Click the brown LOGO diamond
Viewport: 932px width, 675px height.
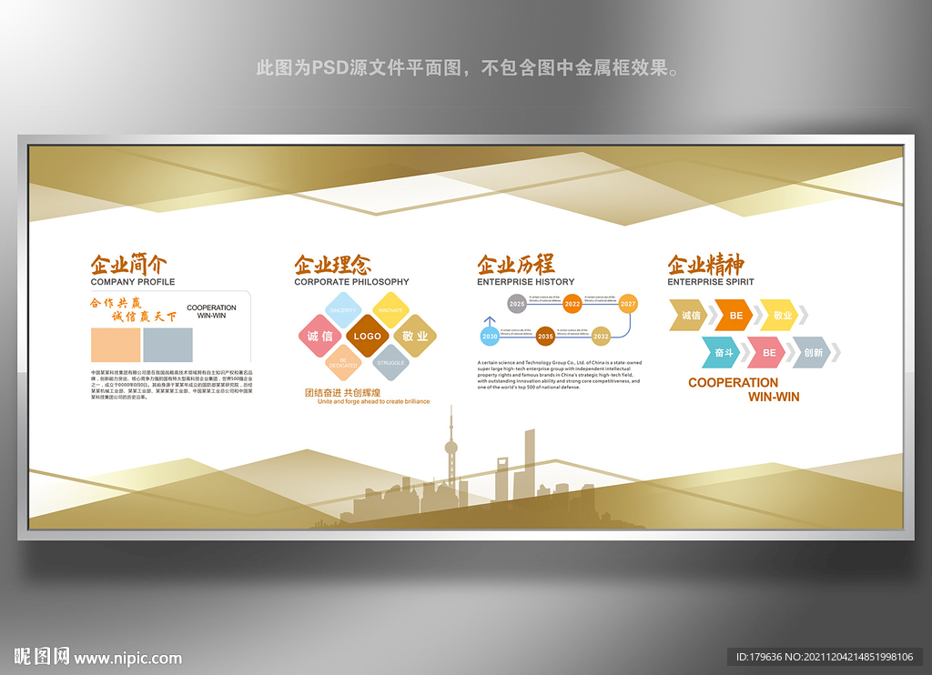click(x=368, y=337)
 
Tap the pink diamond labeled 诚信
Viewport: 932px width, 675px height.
click(x=320, y=337)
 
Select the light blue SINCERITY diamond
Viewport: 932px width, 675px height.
click(x=344, y=311)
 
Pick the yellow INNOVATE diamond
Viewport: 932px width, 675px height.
click(x=390, y=311)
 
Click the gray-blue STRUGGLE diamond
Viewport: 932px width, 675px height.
click(x=391, y=362)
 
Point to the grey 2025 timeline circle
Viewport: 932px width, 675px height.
click(x=517, y=304)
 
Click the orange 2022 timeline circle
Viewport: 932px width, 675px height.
click(x=572, y=304)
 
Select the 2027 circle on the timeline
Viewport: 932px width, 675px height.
click(x=628, y=304)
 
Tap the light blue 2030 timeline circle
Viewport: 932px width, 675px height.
click(x=490, y=337)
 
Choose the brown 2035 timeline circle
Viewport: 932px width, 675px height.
click(x=545, y=337)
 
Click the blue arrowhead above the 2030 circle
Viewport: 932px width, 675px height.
click(x=490, y=320)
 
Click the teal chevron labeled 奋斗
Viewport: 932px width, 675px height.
click(x=724, y=352)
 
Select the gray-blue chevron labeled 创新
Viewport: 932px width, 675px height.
click(x=813, y=352)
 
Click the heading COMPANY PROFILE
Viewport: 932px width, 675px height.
click(x=133, y=282)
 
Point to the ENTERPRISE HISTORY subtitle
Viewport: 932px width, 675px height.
click(x=526, y=282)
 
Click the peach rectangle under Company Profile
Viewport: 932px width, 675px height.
click(x=116, y=345)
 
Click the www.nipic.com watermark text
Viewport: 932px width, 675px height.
click(x=127, y=658)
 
